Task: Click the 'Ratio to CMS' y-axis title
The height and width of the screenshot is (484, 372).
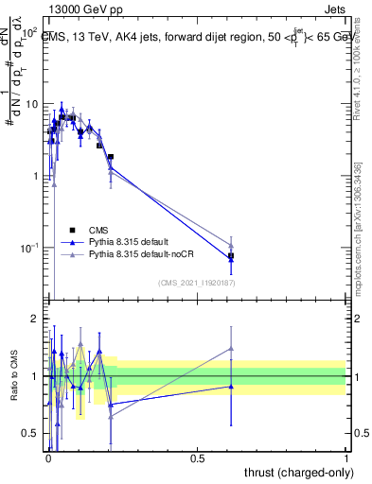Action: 14,389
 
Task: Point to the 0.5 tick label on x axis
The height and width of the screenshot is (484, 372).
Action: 197,457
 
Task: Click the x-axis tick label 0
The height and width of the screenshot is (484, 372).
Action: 47,457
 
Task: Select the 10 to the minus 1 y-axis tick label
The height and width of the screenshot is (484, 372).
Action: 29,248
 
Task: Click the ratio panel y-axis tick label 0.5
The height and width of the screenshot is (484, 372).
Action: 32,433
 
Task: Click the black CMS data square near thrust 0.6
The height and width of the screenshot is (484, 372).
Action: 231,256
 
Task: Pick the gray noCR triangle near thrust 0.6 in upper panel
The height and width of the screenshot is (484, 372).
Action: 231,246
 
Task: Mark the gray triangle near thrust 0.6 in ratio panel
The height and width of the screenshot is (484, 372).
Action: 231,348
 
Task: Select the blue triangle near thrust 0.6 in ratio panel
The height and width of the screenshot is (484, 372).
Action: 231,386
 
